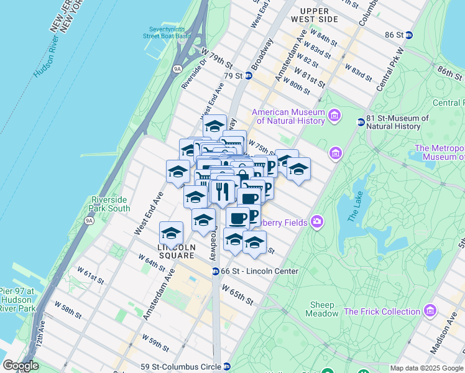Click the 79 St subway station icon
click(248, 76)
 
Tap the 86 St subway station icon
click(408, 35)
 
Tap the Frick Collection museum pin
click(429, 311)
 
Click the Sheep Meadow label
click(321, 309)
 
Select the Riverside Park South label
click(108, 204)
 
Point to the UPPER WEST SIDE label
click(318, 15)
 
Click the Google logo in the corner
click(21, 366)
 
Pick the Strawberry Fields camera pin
click(318, 221)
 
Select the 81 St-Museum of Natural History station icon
click(361, 122)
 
